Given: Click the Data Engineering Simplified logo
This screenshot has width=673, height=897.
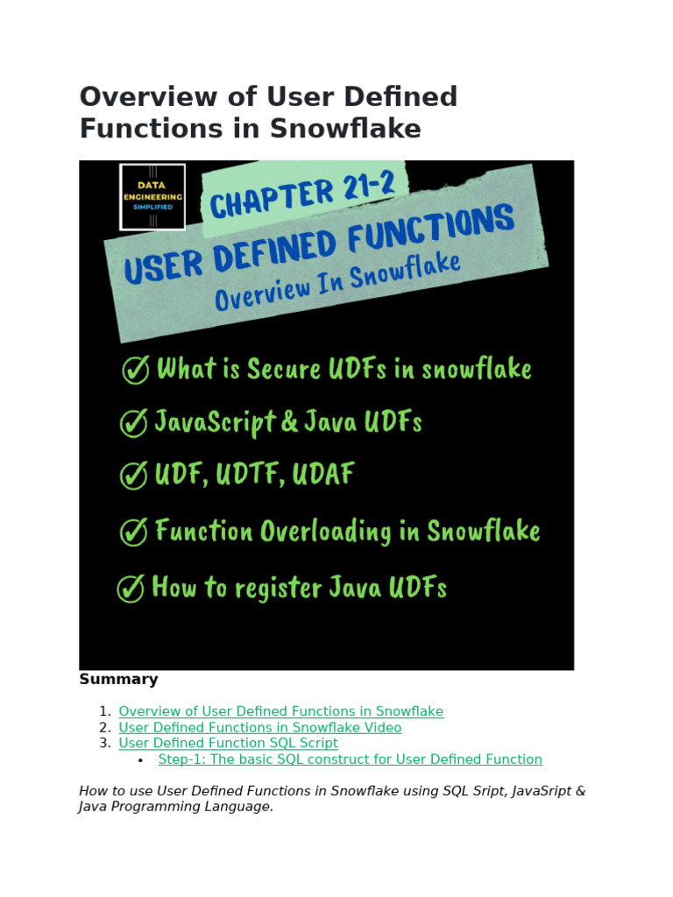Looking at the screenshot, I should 152,197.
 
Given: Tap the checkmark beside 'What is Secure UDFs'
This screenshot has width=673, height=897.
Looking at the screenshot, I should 135,371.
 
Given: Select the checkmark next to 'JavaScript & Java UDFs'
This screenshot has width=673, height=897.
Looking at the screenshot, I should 133,424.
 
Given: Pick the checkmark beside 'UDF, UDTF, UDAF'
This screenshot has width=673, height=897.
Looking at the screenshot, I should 133,477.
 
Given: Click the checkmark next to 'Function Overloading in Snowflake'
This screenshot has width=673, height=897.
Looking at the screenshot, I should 133,533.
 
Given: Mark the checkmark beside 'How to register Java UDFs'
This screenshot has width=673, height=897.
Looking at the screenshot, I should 130,589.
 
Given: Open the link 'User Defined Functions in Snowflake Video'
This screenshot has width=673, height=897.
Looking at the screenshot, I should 259,728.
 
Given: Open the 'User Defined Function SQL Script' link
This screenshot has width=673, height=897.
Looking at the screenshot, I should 228,744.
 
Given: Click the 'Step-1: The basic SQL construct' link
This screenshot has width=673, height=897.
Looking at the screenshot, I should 350,759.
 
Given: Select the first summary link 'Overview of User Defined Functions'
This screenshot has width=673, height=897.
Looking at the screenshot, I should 280,712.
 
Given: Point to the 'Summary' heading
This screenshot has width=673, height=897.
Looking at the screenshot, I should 118,679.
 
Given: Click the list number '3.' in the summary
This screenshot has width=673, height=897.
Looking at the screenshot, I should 104,744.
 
